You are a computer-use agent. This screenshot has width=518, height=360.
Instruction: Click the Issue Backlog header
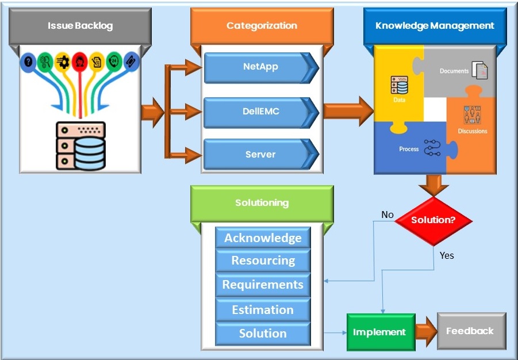click(x=80, y=26)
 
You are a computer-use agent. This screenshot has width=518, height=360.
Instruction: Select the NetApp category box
click(x=260, y=67)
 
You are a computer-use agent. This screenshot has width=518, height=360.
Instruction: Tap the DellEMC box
click(x=260, y=112)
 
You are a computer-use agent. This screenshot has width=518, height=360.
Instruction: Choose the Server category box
click(x=260, y=155)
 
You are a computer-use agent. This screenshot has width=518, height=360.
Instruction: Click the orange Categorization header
click(x=262, y=26)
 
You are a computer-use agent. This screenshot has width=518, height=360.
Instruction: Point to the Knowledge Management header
click(x=435, y=26)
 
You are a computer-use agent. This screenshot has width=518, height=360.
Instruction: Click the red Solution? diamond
click(x=433, y=220)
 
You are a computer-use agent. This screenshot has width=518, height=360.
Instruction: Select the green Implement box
click(x=380, y=332)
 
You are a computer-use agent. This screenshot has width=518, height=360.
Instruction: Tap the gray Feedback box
click(x=470, y=331)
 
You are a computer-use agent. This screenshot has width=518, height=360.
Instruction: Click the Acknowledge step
click(x=263, y=238)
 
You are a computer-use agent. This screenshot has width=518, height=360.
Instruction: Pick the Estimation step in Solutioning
click(x=263, y=310)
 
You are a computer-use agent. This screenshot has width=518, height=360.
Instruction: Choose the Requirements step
click(x=263, y=285)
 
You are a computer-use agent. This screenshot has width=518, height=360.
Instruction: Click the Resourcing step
click(x=263, y=261)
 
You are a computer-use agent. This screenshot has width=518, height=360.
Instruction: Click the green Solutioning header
click(x=262, y=203)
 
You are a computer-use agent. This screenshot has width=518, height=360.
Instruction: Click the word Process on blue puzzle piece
click(x=409, y=149)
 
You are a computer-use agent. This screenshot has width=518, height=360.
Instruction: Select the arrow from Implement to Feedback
click(x=425, y=332)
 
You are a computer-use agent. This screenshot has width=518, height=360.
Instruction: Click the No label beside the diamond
click(x=387, y=215)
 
